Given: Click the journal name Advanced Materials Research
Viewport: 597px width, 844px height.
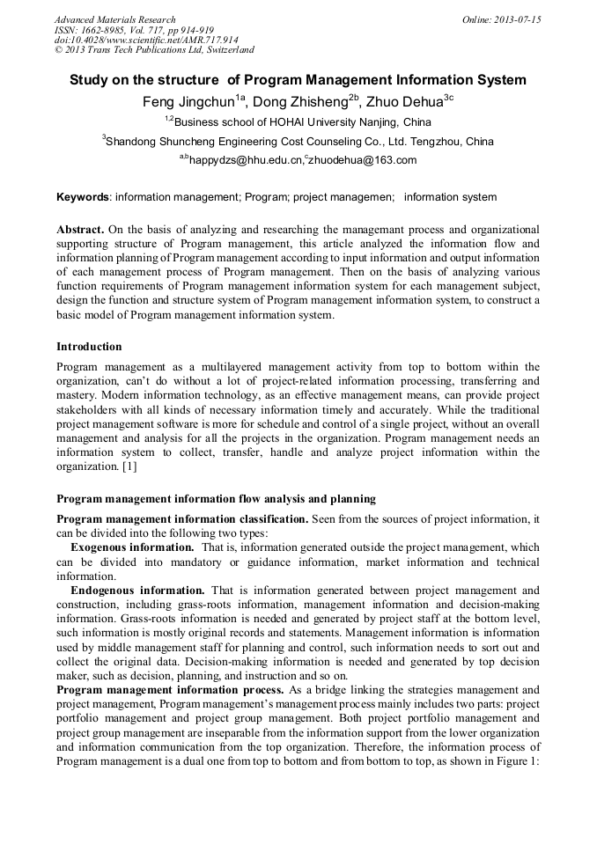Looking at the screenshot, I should pos(114,19).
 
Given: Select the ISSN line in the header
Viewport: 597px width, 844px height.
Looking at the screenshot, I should pos(133,30).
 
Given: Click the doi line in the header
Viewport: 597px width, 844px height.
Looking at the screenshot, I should pos(146,40).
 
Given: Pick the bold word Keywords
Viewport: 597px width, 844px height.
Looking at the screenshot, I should pos(83,197).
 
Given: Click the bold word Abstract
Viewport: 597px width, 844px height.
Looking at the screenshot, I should pos(80,230).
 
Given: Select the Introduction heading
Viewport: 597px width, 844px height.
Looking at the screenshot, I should pos(89,347).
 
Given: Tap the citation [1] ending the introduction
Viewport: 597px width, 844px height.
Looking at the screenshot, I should pos(129,466).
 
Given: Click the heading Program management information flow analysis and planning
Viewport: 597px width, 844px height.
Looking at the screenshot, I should pos(216,499).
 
